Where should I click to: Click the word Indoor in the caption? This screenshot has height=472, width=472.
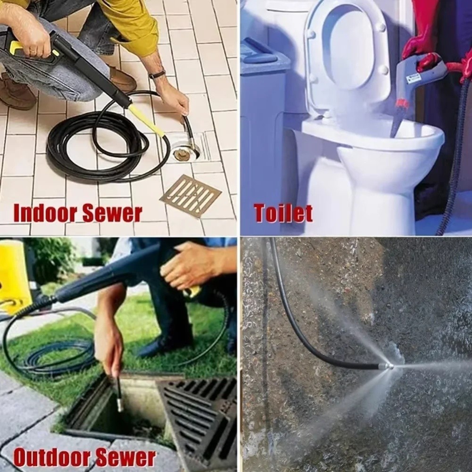tap(45, 213)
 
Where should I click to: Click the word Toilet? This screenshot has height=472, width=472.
tap(283, 213)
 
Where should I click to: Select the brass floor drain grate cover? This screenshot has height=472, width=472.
tap(190, 196)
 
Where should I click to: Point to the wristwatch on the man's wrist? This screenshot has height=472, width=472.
tap(157, 75)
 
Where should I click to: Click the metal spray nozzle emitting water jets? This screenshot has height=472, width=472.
tap(385, 366)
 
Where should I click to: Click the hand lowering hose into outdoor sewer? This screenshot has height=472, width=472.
tap(109, 344)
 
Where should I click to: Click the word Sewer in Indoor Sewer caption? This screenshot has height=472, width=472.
tap(112, 213)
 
